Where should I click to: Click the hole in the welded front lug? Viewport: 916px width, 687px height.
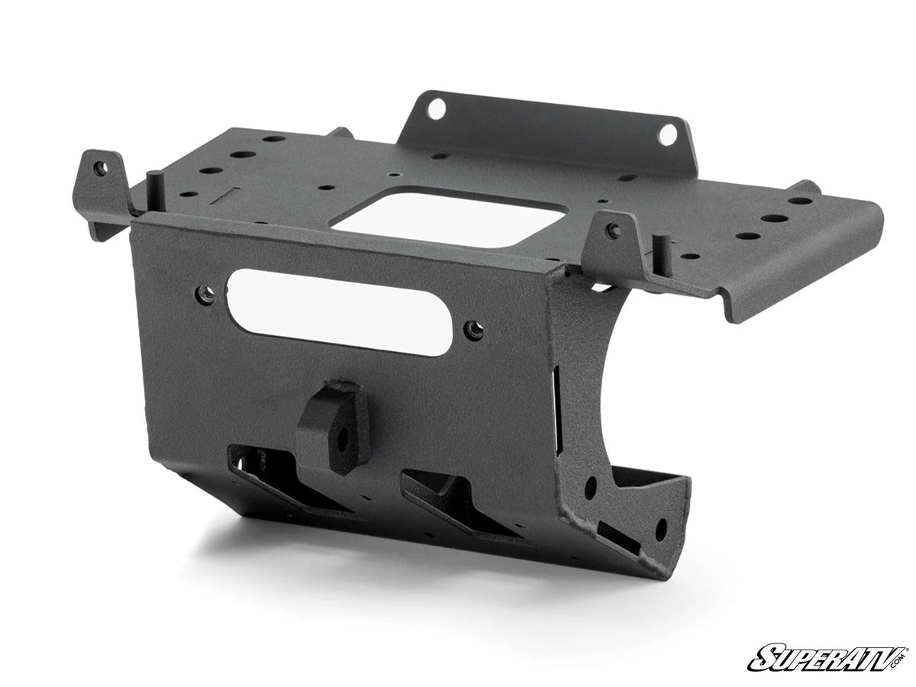[x=337, y=438]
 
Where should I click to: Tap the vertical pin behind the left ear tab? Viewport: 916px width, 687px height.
[x=156, y=184]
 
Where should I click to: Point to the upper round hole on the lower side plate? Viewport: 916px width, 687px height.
[x=590, y=485]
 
